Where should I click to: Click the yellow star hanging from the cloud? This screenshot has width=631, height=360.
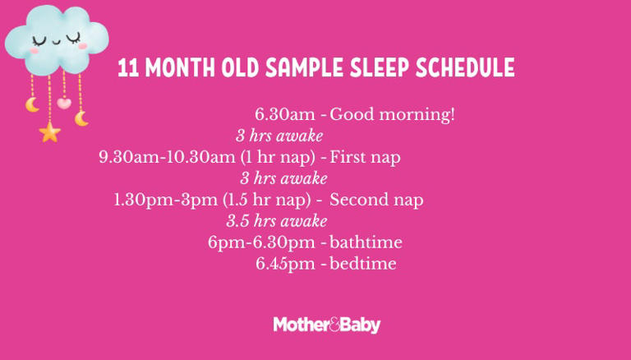click(49, 131)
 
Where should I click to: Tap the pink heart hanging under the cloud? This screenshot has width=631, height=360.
click(64, 104)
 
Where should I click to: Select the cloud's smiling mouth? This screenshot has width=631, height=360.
click(55, 39)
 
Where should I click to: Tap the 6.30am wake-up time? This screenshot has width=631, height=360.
click(285, 114)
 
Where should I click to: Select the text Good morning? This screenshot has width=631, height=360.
click(392, 114)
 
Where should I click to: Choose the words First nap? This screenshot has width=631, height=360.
click(365, 157)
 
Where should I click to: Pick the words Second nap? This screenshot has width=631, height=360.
click(376, 200)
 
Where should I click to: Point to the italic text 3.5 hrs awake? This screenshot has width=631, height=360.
click(277, 221)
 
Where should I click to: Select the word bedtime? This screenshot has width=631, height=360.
click(362, 264)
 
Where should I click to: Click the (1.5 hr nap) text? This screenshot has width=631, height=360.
click(267, 200)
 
